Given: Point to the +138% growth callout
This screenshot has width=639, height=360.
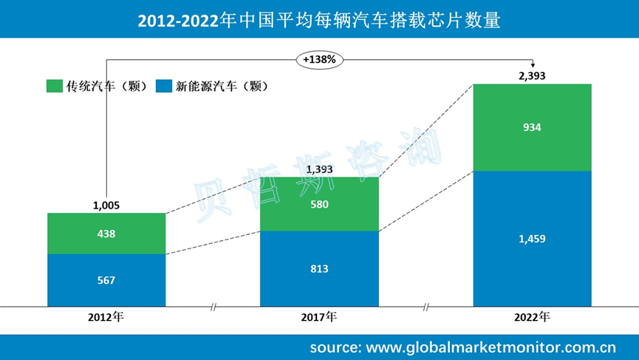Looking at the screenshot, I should (320, 58).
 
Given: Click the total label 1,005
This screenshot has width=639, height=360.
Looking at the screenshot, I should (106, 206).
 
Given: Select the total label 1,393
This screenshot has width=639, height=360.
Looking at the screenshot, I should (319, 169).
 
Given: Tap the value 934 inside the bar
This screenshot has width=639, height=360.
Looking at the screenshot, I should (532, 127).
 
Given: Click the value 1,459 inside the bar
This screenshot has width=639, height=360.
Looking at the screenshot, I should (532, 238).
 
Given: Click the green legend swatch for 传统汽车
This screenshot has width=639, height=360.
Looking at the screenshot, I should (54, 86).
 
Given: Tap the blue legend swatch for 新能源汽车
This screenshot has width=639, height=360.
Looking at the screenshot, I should (164, 86).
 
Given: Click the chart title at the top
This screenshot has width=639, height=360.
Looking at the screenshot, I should (319, 20).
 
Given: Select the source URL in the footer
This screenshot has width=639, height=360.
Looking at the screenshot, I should (462, 347).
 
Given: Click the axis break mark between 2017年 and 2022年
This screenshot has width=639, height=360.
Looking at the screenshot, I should (426, 305).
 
